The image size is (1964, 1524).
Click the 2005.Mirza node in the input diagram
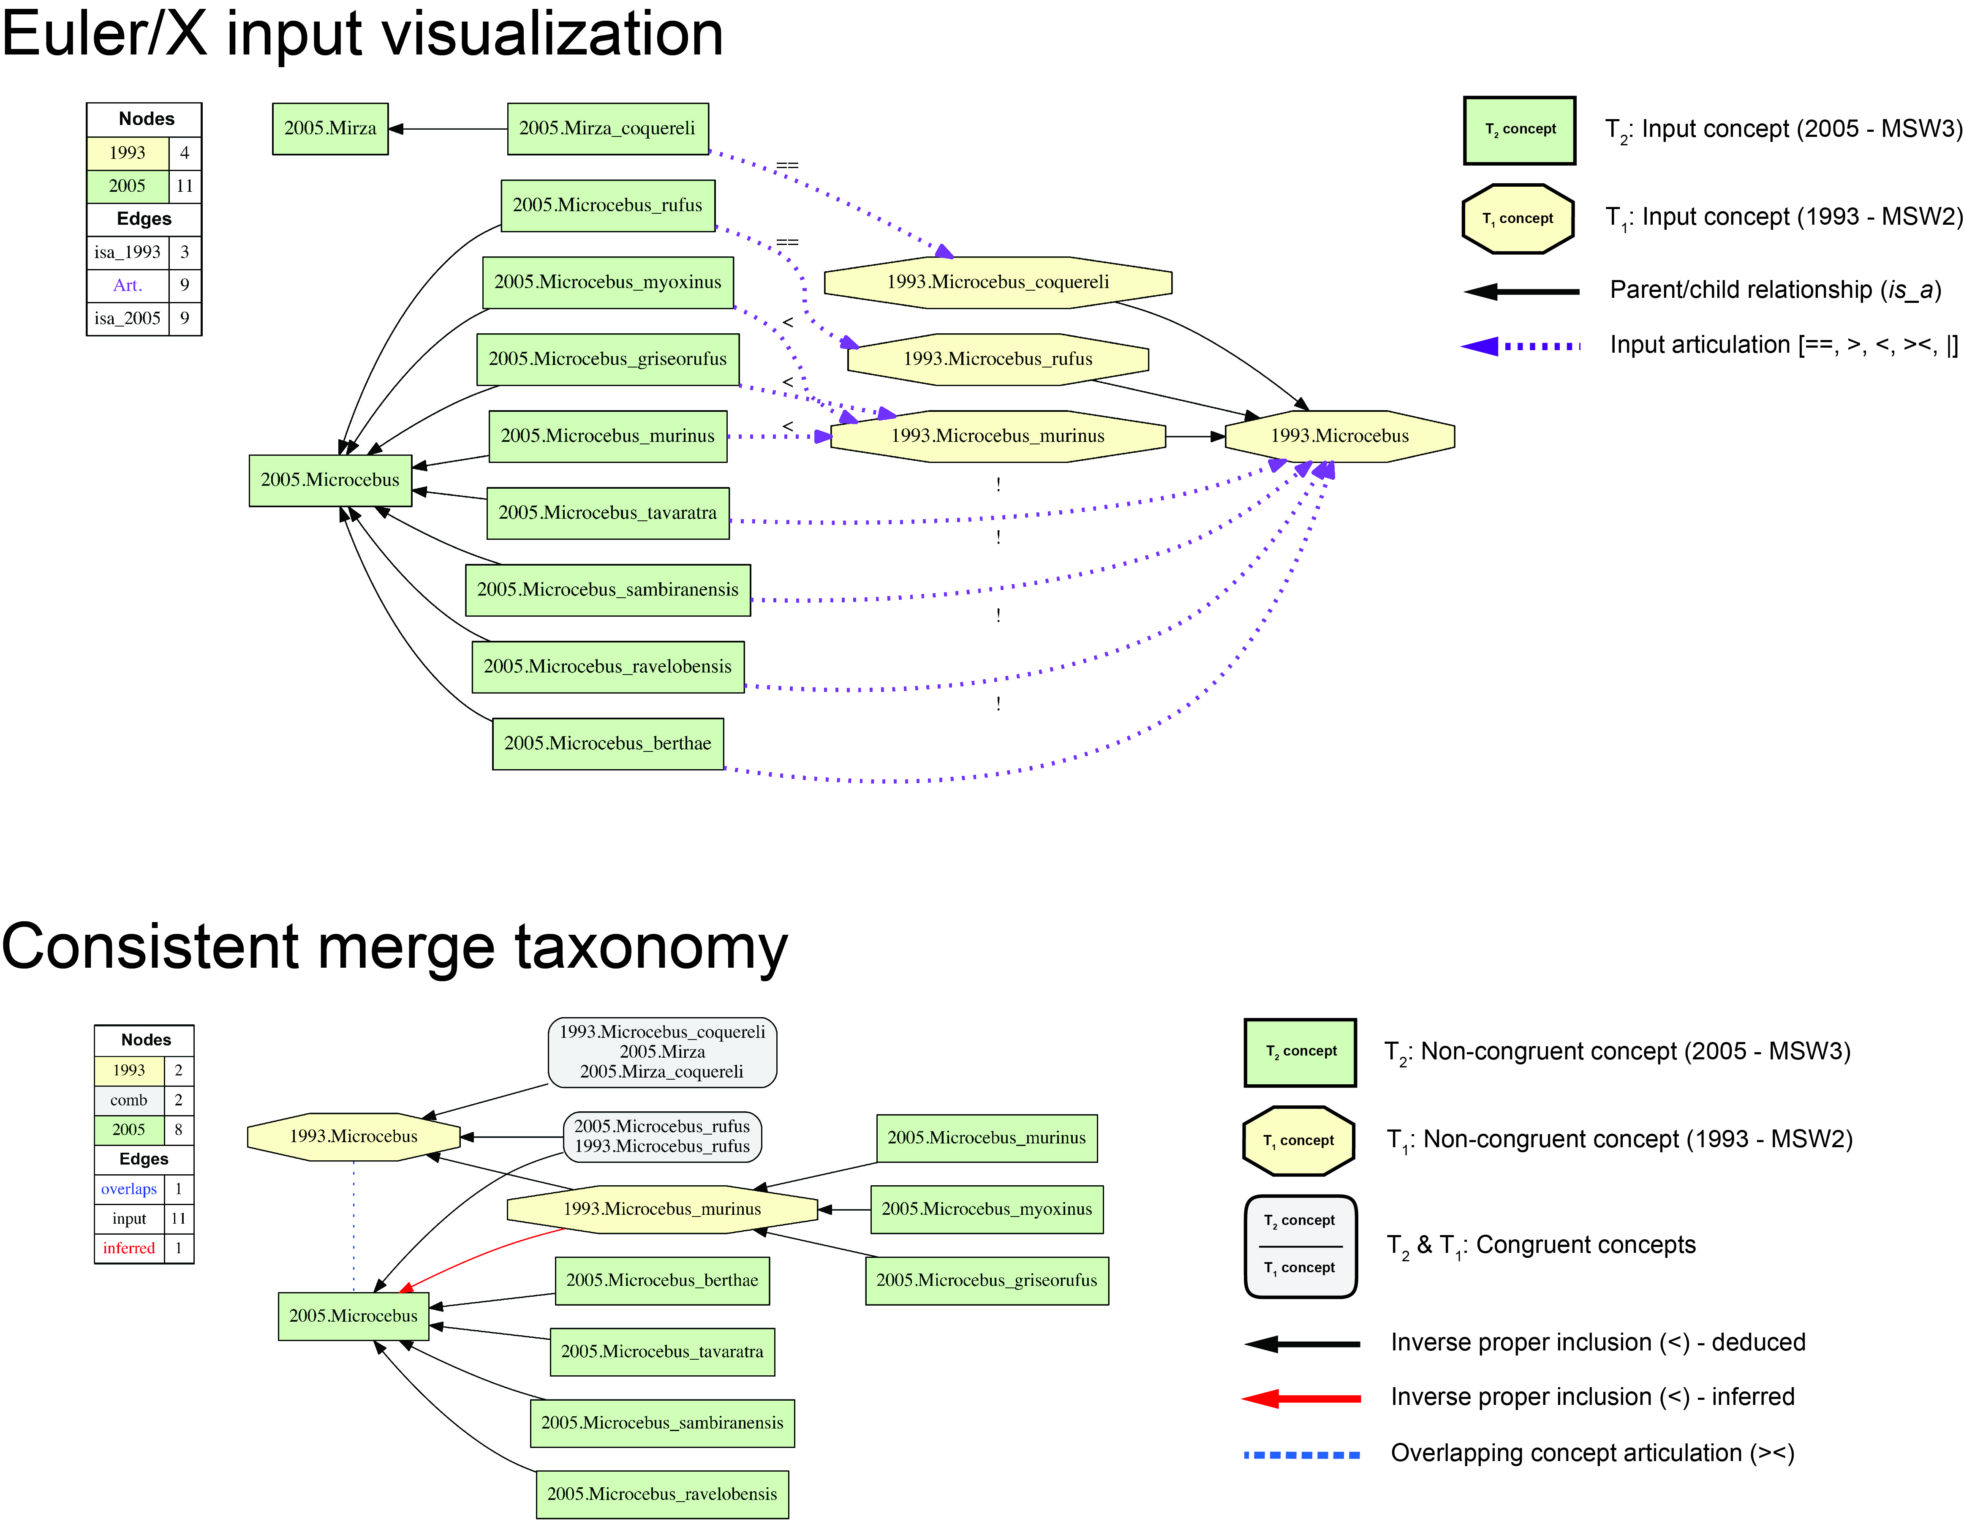click(x=330, y=128)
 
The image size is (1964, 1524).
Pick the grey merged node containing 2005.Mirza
click(x=662, y=1052)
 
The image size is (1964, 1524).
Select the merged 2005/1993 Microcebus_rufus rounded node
click(x=662, y=1137)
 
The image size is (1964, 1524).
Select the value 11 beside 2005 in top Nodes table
click(x=184, y=186)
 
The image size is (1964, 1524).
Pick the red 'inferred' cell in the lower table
click(x=128, y=1248)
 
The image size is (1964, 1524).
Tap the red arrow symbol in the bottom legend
click(x=1301, y=1398)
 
